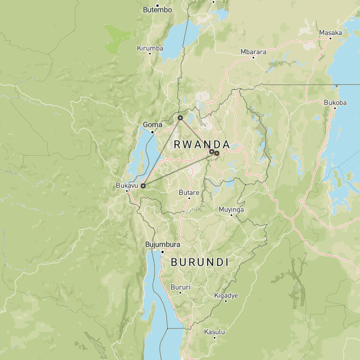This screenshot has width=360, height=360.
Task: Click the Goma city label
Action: pyautogui.click(x=152, y=124)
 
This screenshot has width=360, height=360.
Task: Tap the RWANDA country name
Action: pyautogui.click(x=201, y=144)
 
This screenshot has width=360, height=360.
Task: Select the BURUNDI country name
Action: pyautogui.click(x=199, y=262)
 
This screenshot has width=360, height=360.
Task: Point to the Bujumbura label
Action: pyautogui.click(x=163, y=245)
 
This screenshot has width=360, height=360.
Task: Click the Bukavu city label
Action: pyautogui.click(x=127, y=185)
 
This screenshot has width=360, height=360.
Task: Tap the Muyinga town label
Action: pyautogui.click(x=231, y=209)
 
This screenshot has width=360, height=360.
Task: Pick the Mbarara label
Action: pyautogui.click(x=253, y=52)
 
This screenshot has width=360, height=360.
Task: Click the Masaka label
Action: pyautogui.click(x=330, y=33)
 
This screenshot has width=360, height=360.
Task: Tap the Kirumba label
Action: pyautogui.click(x=150, y=48)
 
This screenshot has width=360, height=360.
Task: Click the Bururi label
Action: pyautogui.click(x=181, y=287)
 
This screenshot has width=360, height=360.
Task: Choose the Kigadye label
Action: pyautogui.click(x=226, y=295)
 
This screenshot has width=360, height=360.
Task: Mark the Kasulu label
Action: pyautogui.click(x=214, y=331)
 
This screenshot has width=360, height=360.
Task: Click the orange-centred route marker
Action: pyautogui.click(x=217, y=152)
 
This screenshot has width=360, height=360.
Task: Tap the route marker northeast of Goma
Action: pyautogui.click(x=180, y=118)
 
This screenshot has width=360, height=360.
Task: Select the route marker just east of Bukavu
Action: pyautogui.click(x=143, y=185)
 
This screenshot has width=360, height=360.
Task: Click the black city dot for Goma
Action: pyautogui.click(x=152, y=131)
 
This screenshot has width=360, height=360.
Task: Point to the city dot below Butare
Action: pyautogui.click(x=189, y=198)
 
